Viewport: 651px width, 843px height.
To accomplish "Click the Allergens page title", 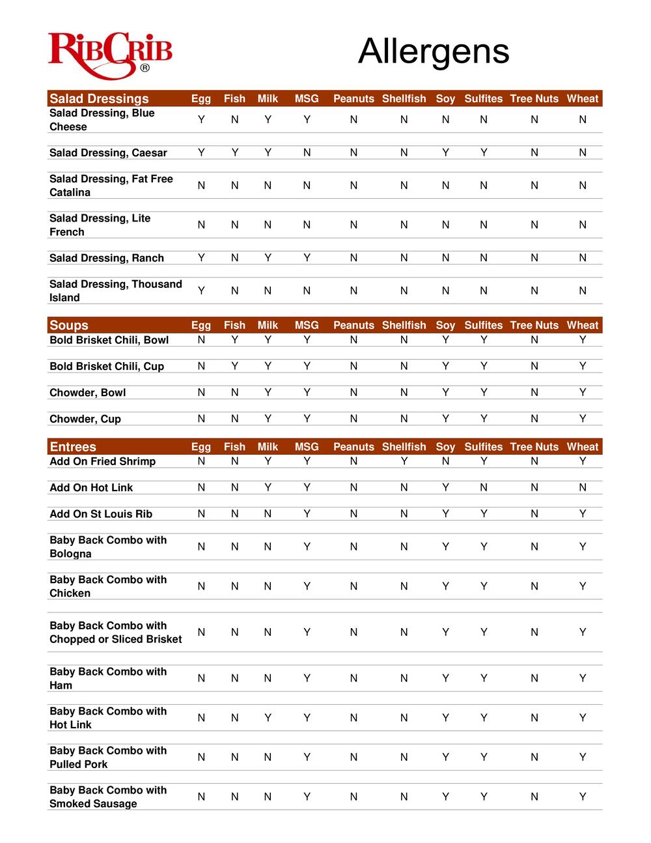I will pos(433,51).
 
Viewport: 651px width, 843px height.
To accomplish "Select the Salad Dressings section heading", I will pos(99,98).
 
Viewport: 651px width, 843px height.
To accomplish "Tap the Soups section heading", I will pos(68,325).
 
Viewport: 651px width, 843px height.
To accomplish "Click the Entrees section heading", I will pos(72,447).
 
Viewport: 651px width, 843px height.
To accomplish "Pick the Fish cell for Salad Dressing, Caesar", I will pos(234,152).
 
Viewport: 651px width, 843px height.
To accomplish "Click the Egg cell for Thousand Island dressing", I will pos(201,291).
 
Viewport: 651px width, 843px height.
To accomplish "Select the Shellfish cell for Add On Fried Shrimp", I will pos(404,461).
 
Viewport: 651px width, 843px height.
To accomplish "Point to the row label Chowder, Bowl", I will pos(87,392).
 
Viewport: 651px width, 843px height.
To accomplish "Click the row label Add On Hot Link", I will pos(91,487).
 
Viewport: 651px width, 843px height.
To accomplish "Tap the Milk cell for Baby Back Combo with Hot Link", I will pos(268,717).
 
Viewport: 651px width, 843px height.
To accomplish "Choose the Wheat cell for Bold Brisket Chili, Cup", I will pos(582,366).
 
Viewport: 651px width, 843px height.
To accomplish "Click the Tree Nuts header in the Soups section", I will pos(534,325).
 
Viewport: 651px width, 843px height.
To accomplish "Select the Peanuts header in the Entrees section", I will pos(353,447).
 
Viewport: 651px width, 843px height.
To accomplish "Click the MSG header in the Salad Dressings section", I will pos(307,98).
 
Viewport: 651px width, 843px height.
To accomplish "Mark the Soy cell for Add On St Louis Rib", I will pos(445,513).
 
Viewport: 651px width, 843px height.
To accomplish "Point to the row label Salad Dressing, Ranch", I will pos(107,258).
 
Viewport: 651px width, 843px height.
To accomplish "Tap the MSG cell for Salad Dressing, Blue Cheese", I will pos(307,119).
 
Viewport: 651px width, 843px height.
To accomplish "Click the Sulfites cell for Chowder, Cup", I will pos(483,418).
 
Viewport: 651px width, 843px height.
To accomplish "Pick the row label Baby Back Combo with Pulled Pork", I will pos(108,757).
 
